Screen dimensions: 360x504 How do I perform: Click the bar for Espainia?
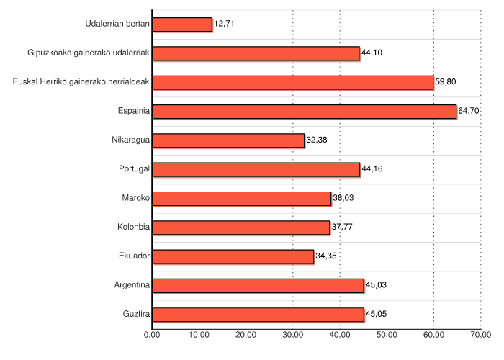tap(305, 112)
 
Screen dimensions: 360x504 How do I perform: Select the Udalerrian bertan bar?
tap(183, 24)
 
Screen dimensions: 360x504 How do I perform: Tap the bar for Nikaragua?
tap(228, 140)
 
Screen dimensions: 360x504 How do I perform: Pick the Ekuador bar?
tap(233, 256)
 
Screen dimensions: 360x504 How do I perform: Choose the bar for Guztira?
tap(258, 315)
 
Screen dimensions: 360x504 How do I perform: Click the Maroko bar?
tap(242, 199)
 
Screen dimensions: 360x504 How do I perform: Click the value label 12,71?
tap(225, 24)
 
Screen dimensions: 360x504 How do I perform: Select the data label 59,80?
tap(445, 82)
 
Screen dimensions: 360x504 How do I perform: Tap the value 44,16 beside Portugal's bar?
tap(372, 169)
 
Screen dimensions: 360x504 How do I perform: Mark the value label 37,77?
tap(341, 228)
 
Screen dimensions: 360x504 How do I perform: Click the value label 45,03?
tap(376, 286)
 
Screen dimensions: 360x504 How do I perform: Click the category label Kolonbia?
tap(133, 228)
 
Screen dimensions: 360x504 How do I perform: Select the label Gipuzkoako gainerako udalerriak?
tap(88, 53)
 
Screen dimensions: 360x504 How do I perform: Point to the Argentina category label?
tap(132, 285)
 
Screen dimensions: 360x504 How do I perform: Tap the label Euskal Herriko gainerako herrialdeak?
tap(81, 82)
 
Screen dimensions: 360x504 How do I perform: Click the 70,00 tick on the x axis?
tap(481, 334)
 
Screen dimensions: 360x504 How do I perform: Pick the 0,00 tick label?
tap(152, 334)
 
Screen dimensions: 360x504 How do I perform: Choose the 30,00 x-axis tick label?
tap(292, 334)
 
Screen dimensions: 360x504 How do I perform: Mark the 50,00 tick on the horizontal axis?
tap(387, 334)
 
